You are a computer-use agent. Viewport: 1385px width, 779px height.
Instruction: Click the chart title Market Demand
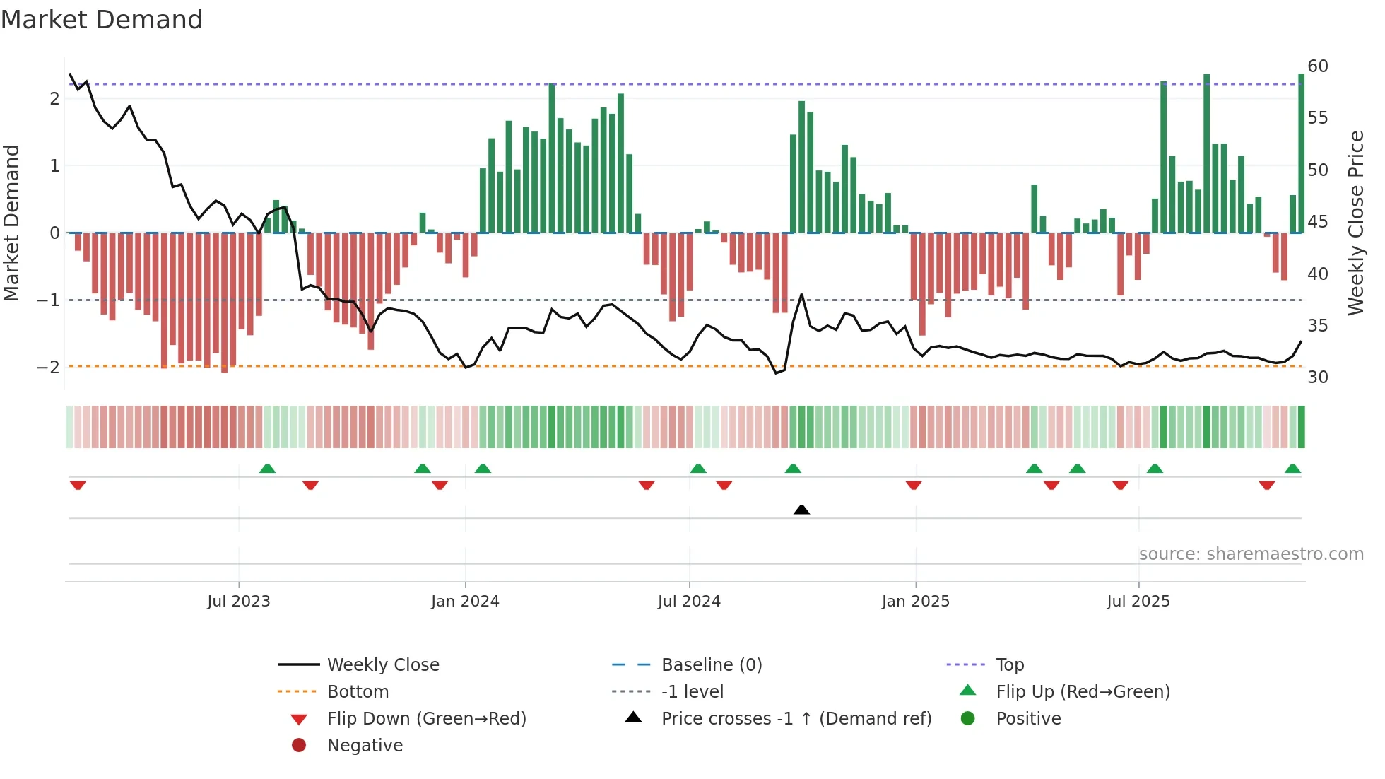pos(102,20)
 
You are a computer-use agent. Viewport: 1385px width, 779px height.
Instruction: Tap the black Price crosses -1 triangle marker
pos(801,510)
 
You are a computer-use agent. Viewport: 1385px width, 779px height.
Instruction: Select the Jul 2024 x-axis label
pos(689,602)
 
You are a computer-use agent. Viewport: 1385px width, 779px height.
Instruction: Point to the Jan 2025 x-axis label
pos(915,602)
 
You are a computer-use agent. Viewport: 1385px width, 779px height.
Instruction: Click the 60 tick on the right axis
pos(1318,66)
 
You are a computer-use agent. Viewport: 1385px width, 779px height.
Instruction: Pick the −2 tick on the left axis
pos(49,367)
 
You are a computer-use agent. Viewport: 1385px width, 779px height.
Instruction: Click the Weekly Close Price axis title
pos(1355,223)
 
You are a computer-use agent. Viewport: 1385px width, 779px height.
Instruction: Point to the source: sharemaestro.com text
pos(1251,554)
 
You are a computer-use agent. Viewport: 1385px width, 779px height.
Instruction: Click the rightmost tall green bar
pos(1301,152)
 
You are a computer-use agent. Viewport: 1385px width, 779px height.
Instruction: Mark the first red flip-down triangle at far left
pos(78,485)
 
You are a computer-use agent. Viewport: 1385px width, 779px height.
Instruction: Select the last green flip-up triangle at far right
pos(1292,469)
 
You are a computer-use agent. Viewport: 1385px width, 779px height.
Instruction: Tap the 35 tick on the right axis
pos(1318,326)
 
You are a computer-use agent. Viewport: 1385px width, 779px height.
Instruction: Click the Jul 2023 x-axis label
pos(239,602)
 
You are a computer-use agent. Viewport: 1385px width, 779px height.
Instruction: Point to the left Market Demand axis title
pos(12,223)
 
